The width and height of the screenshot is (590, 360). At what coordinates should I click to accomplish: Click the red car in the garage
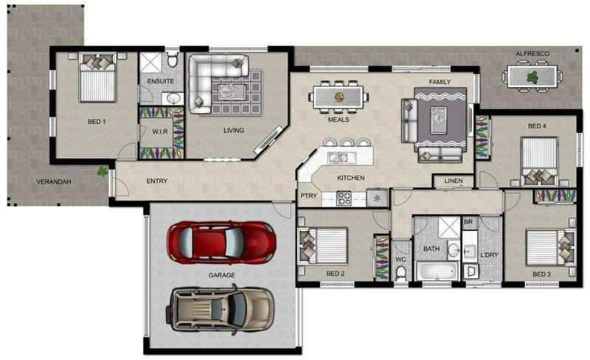[221, 241]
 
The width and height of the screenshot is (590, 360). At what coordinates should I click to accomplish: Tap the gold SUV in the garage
[221, 308]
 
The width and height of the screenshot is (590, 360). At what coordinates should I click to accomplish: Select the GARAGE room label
[221, 275]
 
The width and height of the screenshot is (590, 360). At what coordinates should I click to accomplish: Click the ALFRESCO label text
[533, 55]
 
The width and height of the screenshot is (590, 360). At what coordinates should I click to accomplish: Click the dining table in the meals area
[340, 97]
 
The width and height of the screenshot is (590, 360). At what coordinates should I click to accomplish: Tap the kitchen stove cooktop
[344, 198]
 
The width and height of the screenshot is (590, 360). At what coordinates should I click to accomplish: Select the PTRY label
[308, 195]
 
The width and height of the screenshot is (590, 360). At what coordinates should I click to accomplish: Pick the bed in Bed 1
[97, 80]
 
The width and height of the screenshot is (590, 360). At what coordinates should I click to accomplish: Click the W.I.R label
[162, 131]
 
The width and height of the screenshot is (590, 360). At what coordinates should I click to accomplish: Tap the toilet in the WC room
[400, 273]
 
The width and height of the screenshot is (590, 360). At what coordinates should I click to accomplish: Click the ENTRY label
[156, 181]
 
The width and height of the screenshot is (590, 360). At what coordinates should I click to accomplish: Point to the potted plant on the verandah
[102, 171]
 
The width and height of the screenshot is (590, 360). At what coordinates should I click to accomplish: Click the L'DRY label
[489, 255]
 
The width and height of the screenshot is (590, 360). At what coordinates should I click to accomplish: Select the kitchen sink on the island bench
[340, 156]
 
